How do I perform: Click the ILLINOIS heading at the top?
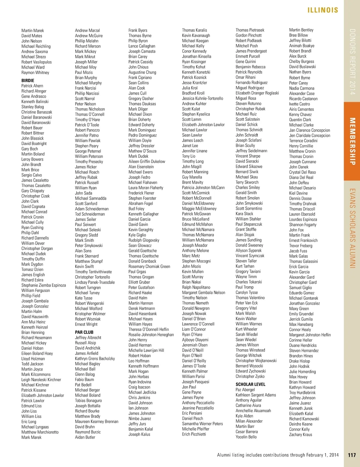click(323, 10)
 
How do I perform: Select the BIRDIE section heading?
click(28, 80)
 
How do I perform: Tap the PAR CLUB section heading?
click(84, 332)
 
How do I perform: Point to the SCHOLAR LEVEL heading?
click(250, 384)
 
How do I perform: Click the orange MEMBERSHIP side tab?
click(352, 141)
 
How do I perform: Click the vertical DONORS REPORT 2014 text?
click(352, 62)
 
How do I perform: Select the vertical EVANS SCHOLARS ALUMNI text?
click(352, 228)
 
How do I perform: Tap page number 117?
click(352, 455)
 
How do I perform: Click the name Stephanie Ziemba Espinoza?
click(43, 285)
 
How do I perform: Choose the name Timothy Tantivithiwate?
click(93, 272)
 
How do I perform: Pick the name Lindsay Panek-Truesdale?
click(95, 282)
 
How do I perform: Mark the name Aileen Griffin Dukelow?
click(147, 162)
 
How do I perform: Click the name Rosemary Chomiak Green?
click(149, 266)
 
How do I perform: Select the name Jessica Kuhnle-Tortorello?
click(202, 98)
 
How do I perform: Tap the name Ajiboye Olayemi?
click(195, 340)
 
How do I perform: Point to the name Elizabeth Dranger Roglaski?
click(257, 93)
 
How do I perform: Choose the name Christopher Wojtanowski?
click(256, 361)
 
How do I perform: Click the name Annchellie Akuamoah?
click(253, 411)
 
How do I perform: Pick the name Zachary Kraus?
click(301, 435)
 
